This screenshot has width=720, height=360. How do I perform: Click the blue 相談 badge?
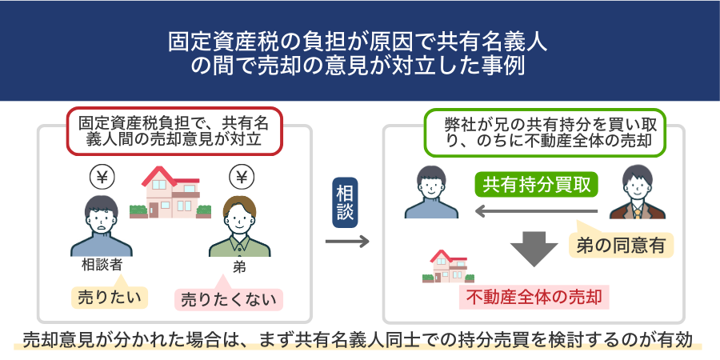[345, 202]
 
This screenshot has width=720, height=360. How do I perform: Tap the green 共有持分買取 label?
[536, 184]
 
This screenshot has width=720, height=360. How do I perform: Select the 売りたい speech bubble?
[110, 295]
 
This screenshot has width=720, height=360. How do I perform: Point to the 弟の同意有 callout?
[621, 243]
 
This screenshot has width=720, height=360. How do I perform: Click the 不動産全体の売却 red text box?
[534, 297]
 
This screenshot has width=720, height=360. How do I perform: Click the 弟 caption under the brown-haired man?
[239, 267]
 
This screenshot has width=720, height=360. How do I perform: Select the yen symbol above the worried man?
[102, 177]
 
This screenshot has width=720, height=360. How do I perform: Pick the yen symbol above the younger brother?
[242, 176]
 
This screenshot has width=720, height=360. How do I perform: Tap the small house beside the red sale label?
[448, 266]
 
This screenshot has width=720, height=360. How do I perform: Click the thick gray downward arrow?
[534, 249]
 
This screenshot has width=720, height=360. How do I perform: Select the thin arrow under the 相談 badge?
[347, 242]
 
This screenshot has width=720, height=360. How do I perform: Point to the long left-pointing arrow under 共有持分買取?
[536, 211]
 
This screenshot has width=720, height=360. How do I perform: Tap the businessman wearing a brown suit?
[638, 192]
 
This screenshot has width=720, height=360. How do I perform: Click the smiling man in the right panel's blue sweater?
[431, 192]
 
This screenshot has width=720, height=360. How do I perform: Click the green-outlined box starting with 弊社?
[544, 132]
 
